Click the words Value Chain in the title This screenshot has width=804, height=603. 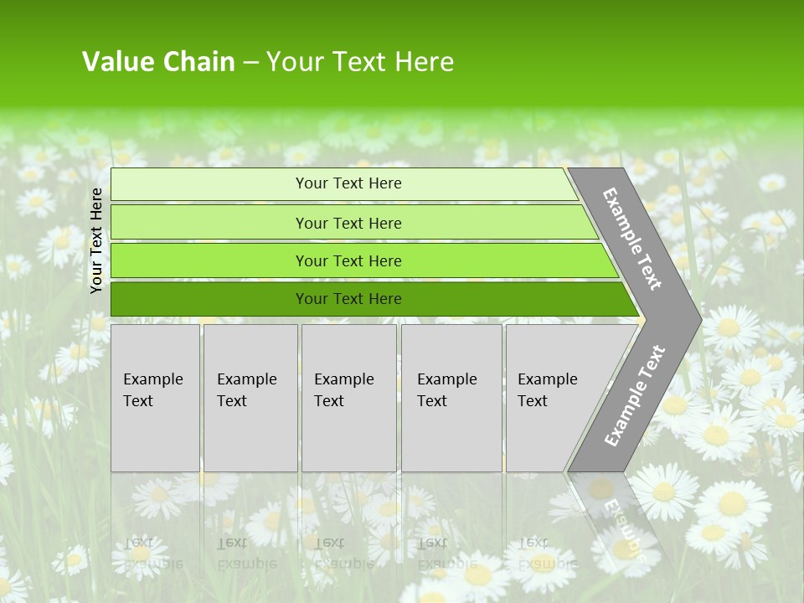[158, 62]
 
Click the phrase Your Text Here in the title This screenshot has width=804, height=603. [360, 62]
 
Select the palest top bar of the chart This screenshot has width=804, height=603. [209, 184]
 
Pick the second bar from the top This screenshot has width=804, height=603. [209, 223]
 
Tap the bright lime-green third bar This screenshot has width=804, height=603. [209, 260]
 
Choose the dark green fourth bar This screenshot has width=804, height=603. [209, 299]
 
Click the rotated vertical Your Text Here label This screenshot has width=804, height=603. [96, 240]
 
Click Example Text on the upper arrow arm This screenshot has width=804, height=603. [632, 239]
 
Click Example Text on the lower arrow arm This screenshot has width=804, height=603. [635, 395]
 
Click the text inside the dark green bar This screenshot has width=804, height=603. [348, 299]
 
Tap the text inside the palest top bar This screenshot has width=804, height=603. [348, 183]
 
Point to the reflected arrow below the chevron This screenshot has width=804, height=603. [620, 519]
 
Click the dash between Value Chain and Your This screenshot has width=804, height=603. [250, 62]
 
